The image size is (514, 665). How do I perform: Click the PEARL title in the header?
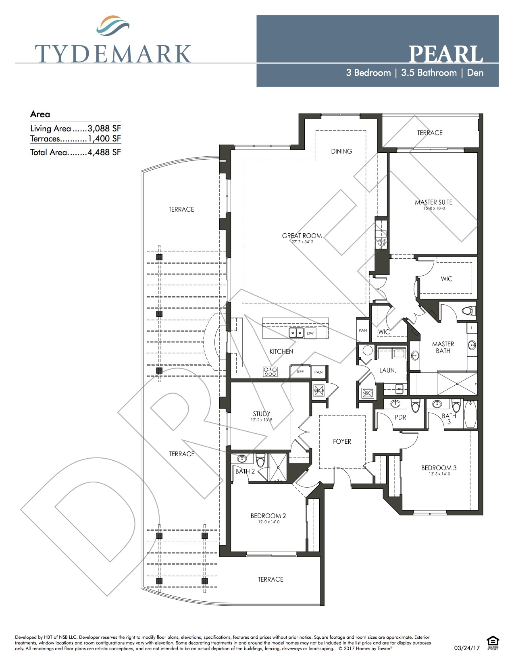445,54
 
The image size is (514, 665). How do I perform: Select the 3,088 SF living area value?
104,129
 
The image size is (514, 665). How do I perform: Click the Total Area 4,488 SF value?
104,152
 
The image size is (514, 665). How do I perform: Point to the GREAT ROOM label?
302,236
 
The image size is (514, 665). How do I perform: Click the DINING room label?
341,151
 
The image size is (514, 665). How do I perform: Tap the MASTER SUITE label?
434,202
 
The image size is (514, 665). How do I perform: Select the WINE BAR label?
381,243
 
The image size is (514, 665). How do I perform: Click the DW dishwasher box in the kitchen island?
310,333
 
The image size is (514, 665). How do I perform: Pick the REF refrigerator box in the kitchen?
300,372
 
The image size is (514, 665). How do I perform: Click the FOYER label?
342,441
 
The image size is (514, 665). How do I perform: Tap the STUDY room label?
262,414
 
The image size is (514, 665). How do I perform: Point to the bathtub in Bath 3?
470,414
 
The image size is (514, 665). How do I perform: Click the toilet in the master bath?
469,311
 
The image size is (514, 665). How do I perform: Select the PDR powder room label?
400,417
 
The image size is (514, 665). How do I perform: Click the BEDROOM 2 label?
268,516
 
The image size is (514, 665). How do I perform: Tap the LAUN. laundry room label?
387,370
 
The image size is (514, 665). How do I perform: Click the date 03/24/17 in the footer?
467,648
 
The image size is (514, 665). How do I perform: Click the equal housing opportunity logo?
493,642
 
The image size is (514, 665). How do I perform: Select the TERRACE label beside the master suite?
430,133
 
